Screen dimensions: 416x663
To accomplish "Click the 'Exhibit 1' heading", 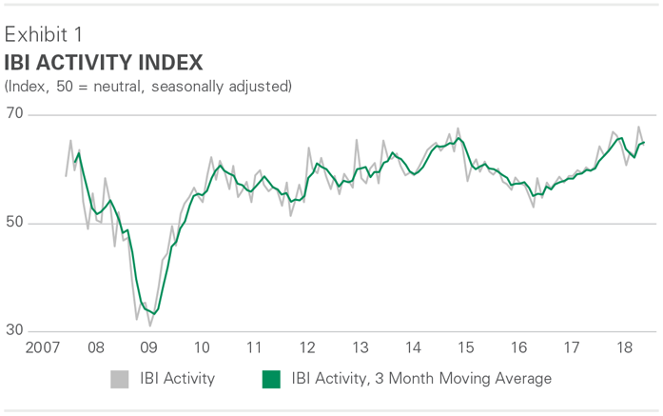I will click(43, 35).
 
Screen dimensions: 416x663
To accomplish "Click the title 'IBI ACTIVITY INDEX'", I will click(104, 63).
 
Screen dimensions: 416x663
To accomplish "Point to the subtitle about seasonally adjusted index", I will click(147, 87).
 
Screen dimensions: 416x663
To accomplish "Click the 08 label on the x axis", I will click(96, 348).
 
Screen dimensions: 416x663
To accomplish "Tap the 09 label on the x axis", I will click(148, 348).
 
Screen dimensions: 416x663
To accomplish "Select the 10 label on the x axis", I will click(202, 348).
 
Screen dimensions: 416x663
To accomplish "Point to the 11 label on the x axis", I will click(254, 348).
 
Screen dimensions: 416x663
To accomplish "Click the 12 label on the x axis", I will click(307, 348).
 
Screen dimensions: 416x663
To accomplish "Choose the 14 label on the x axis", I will click(413, 348).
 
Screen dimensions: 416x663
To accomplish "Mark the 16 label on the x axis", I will click(518, 348).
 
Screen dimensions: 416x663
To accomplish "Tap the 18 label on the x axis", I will click(625, 348).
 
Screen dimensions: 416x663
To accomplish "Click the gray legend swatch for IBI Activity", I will click(119, 379).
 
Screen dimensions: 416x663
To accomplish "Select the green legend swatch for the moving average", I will click(271, 379).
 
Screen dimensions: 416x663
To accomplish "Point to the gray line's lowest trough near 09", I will click(150, 326).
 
